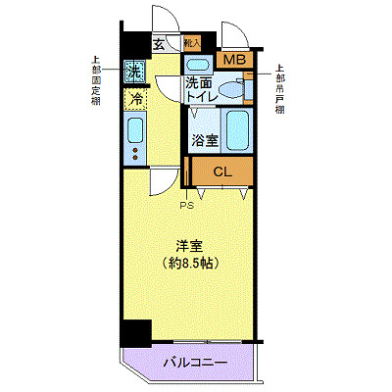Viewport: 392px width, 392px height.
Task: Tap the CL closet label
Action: (223, 172)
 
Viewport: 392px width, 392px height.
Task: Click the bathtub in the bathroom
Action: (237, 129)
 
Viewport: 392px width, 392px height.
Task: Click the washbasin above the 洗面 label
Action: (195, 66)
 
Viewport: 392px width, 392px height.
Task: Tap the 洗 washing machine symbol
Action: (135, 71)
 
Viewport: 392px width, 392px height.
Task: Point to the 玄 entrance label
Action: (160, 43)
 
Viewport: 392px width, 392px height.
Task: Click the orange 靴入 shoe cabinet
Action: (192, 42)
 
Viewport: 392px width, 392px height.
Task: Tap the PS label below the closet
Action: (185, 207)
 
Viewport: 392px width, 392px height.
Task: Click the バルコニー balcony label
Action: (195, 364)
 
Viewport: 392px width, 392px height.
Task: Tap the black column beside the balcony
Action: (136, 334)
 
